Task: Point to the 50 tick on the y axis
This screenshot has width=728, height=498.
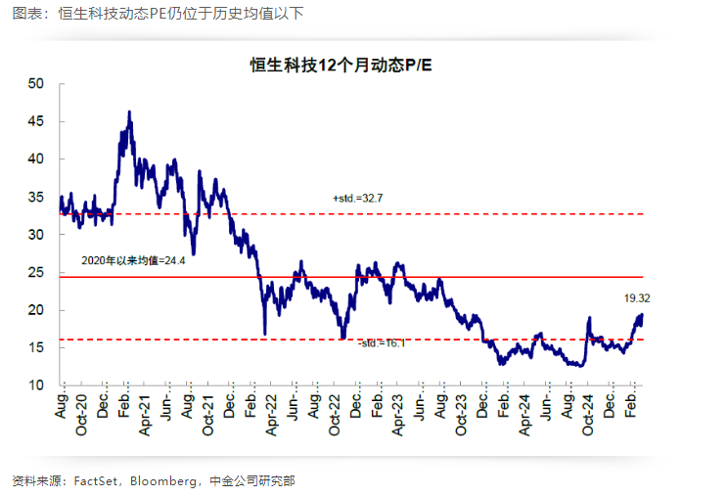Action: tap(37, 83)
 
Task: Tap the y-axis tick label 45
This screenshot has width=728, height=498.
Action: tap(37, 121)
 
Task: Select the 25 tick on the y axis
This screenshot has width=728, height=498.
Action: tap(37, 272)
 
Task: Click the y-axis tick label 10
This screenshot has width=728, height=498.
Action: tap(37, 385)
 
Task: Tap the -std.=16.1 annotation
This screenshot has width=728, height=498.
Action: tap(382, 344)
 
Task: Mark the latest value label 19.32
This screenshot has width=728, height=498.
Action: tap(637, 296)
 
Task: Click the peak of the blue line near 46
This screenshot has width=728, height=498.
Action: tap(129, 113)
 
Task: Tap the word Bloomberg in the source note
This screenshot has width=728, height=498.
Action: tap(159, 480)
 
